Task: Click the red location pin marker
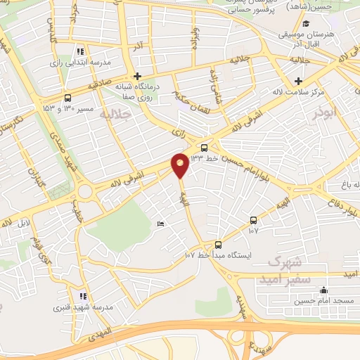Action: (180, 165)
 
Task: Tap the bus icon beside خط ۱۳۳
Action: (204, 148)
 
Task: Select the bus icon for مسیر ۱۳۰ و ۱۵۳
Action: (67, 98)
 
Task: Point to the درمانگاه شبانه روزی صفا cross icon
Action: (137, 76)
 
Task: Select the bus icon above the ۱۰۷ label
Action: (253, 219)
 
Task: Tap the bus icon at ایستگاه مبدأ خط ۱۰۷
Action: (218, 245)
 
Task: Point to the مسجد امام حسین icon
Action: (323, 290)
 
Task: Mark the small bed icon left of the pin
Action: (161, 224)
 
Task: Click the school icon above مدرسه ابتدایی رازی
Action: (80, 51)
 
